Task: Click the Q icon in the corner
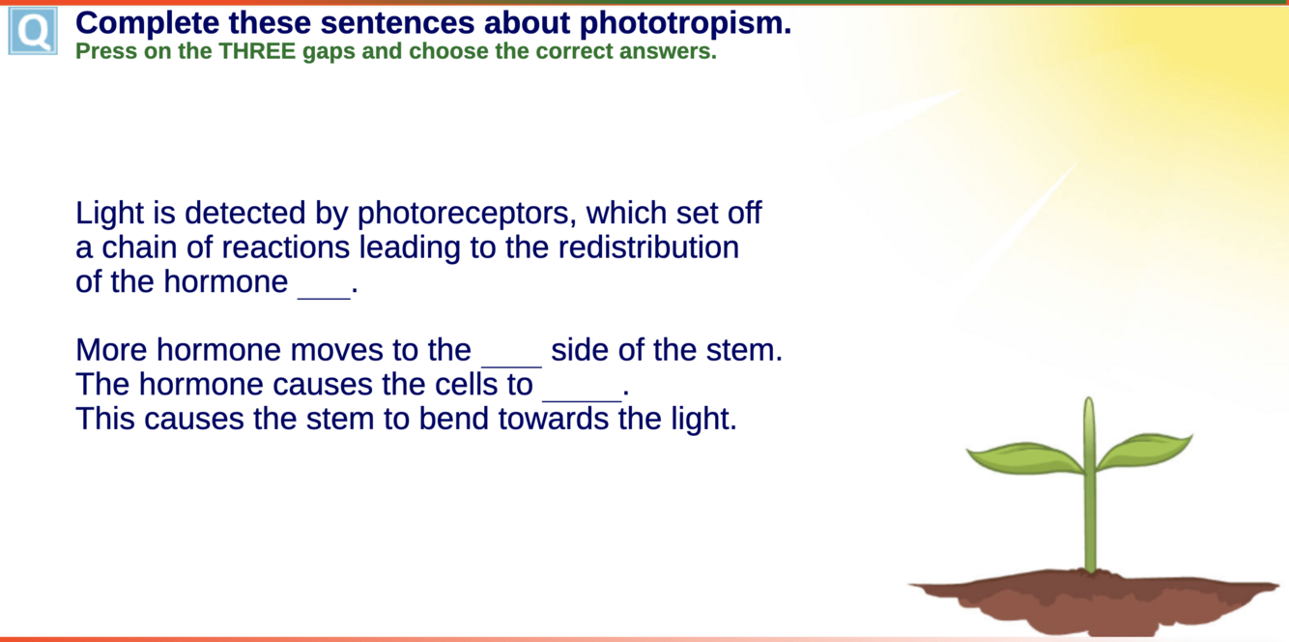click(x=33, y=31)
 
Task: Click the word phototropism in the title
click(x=685, y=23)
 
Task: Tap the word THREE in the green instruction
click(x=257, y=51)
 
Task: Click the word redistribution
click(x=648, y=247)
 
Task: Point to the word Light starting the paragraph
click(x=110, y=214)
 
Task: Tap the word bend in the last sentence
click(x=454, y=418)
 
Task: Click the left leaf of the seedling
click(x=1024, y=457)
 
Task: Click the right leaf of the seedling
click(x=1144, y=451)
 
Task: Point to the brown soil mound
click(x=1094, y=600)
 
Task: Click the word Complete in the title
click(x=147, y=23)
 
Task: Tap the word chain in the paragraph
click(x=139, y=247)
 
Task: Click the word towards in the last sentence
click(x=554, y=418)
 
